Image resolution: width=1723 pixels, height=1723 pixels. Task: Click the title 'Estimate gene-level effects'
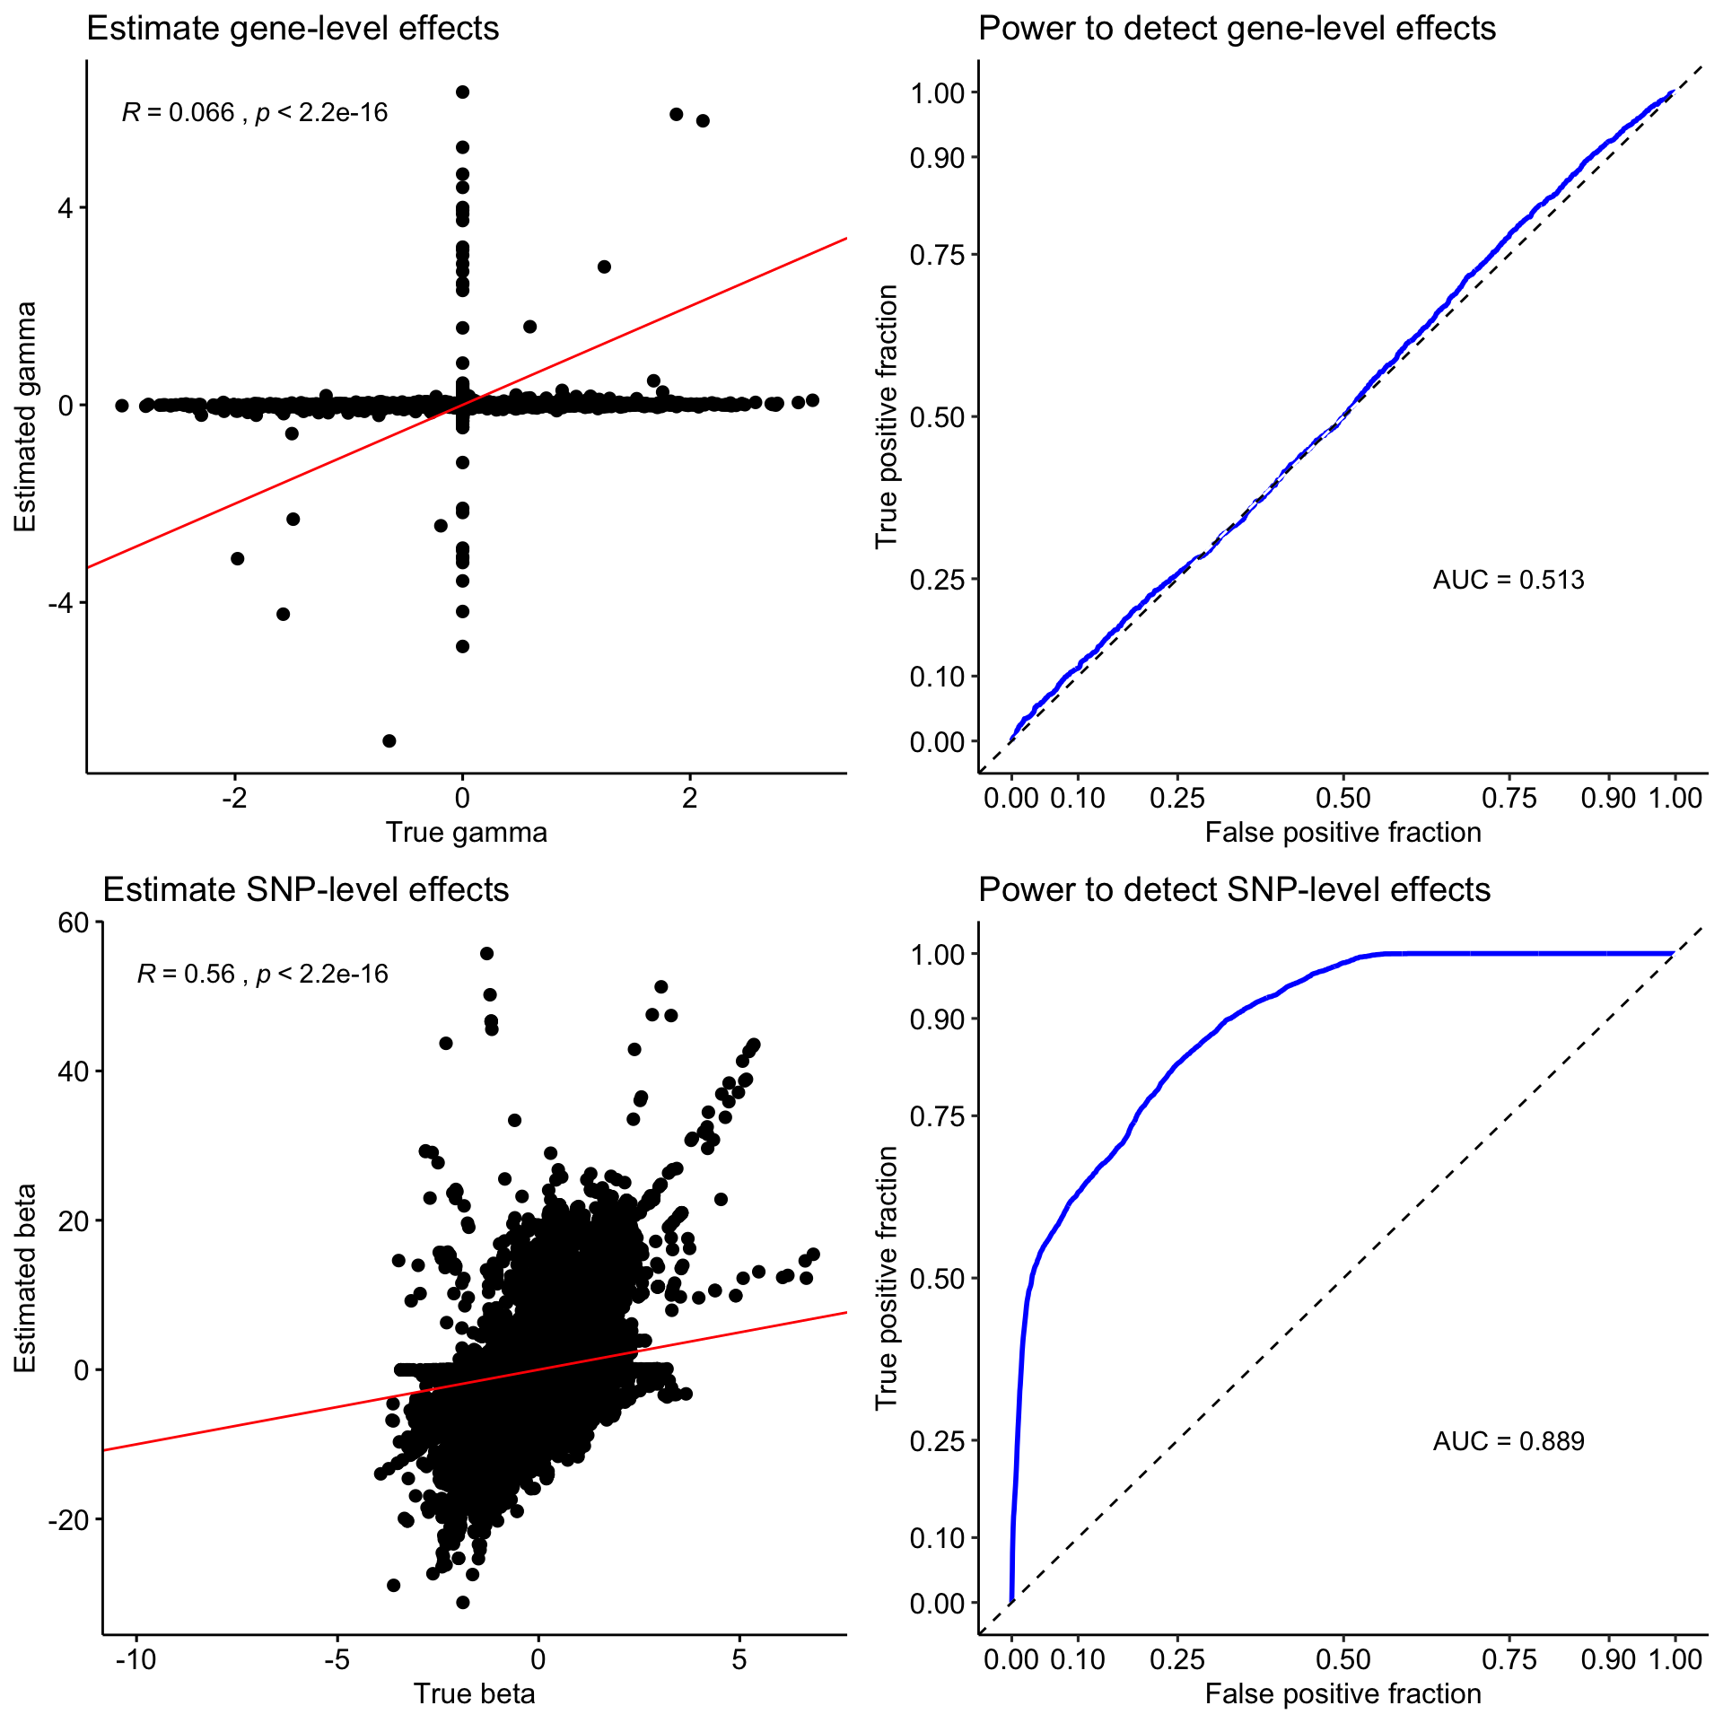(x=293, y=29)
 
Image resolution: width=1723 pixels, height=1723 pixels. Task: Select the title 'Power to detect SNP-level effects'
(x=1234, y=889)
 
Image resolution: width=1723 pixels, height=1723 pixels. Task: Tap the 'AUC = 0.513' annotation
(x=1508, y=580)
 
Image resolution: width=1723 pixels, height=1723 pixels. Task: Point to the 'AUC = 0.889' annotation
(x=1508, y=1441)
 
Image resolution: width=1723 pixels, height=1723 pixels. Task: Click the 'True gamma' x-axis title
(x=466, y=833)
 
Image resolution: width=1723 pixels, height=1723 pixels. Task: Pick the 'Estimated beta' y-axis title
(x=25, y=1278)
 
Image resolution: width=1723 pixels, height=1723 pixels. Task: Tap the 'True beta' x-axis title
(x=474, y=1693)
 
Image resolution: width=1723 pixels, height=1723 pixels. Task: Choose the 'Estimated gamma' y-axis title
(x=25, y=416)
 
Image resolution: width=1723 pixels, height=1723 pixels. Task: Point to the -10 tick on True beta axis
(x=136, y=1659)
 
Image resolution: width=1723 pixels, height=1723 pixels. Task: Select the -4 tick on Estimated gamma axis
(x=59, y=602)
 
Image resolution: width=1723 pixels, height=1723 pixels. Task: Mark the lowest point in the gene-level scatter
(x=389, y=740)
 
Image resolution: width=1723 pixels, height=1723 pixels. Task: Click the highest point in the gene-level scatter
(x=462, y=92)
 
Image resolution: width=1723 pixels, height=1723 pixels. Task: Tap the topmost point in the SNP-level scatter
(x=486, y=953)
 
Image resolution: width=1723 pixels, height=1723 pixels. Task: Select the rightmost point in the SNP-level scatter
(x=813, y=1255)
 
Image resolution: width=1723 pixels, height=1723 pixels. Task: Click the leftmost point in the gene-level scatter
(x=121, y=406)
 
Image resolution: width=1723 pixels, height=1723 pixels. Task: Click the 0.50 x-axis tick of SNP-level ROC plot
(x=1343, y=1659)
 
